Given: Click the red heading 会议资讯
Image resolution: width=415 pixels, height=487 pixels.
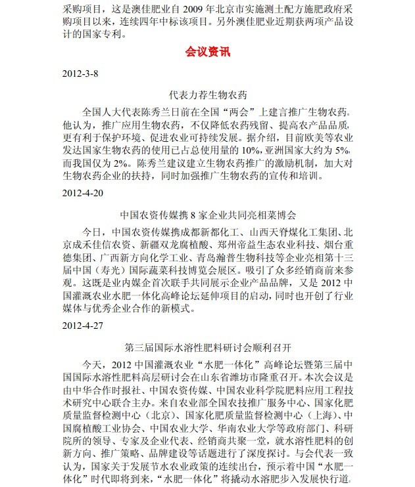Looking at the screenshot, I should pos(207,52).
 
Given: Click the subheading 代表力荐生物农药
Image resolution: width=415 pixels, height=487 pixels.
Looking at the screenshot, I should pos(207,94).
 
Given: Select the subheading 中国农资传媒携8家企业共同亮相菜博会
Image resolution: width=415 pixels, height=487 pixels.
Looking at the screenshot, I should pos(208,215).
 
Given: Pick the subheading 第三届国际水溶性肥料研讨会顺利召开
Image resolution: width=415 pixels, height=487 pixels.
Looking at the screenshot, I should pos(208,345).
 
